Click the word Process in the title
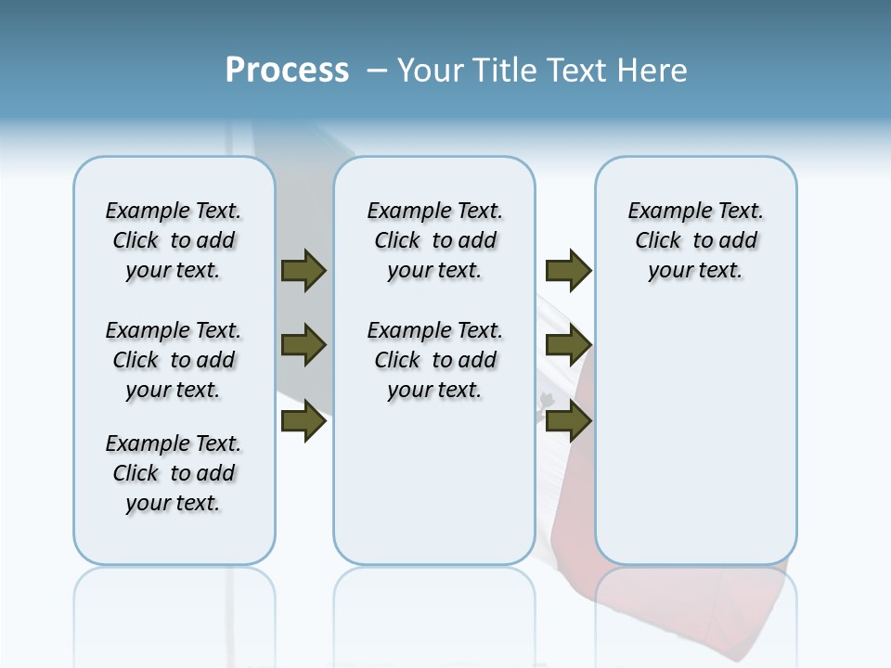(x=287, y=71)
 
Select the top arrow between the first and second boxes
(x=303, y=270)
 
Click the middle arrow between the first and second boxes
(x=303, y=346)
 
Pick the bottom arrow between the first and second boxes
(x=303, y=422)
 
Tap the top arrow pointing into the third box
(x=568, y=270)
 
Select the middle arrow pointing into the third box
(x=568, y=346)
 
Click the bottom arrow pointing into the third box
(x=568, y=422)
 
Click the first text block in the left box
(x=174, y=240)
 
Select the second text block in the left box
(x=174, y=360)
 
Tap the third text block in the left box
(x=174, y=473)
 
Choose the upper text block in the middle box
(x=435, y=240)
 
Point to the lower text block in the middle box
(x=435, y=360)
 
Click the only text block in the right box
(x=696, y=240)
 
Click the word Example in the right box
(x=662, y=212)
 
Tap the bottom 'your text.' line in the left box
(x=174, y=503)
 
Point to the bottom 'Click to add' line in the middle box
(x=435, y=360)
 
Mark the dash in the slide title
(x=377, y=71)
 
